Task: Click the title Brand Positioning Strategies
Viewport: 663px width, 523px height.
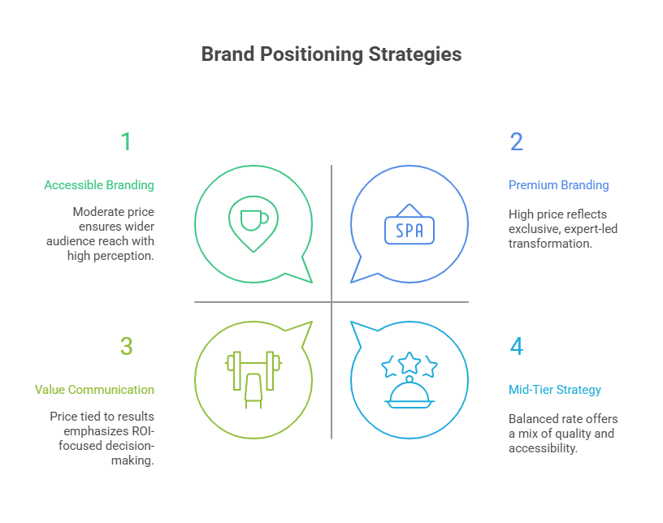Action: (x=331, y=54)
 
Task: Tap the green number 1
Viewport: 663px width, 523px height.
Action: (x=126, y=142)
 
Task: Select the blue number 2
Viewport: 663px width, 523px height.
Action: (x=517, y=142)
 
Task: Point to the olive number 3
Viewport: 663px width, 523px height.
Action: (x=126, y=347)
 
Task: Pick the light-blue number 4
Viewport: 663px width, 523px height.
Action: (x=517, y=347)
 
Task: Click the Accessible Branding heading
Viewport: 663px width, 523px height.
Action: (x=99, y=185)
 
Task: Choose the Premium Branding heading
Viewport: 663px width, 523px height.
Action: (x=558, y=185)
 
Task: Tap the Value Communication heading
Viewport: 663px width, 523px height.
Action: (x=94, y=390)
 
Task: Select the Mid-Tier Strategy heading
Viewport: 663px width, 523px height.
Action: (x=555, y=390)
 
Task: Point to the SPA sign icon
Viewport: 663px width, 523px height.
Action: (x=409, y=229)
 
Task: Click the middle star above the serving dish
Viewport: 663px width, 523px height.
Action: (x=409, y=359)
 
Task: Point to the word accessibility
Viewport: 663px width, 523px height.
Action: (x=543, y=448)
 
